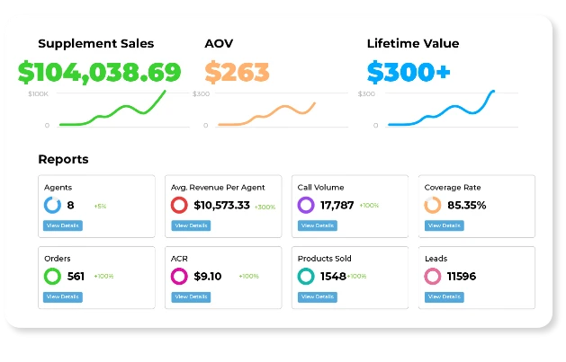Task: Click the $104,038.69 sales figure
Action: click(x=99, y=72)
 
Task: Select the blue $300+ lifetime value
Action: click(x=409, y=72)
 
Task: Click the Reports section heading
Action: click(x=63, y=159)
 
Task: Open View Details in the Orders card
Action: click(x=63, y=296)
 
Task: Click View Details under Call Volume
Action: click(x=317, y=225)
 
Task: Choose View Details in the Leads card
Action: click(x=444, y=296)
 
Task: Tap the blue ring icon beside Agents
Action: click(x=52, y=205)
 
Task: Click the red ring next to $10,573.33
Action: click(x=179, y=205)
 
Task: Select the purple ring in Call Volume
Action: click(x=306, y=205)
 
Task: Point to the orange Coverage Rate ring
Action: click(x=433, y=205)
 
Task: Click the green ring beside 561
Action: click(x=52, y=276)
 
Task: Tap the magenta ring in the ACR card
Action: click(x=179, y=276)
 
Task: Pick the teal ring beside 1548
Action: click(x=306, y=276)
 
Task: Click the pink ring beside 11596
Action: click(x=433, y=276)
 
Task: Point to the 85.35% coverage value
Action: click(x=466, y=205)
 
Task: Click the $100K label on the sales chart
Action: click(x=39, y=93)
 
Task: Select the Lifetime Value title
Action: click(x=412, y=43)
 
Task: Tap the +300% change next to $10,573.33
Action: click(x=265, y=207)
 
